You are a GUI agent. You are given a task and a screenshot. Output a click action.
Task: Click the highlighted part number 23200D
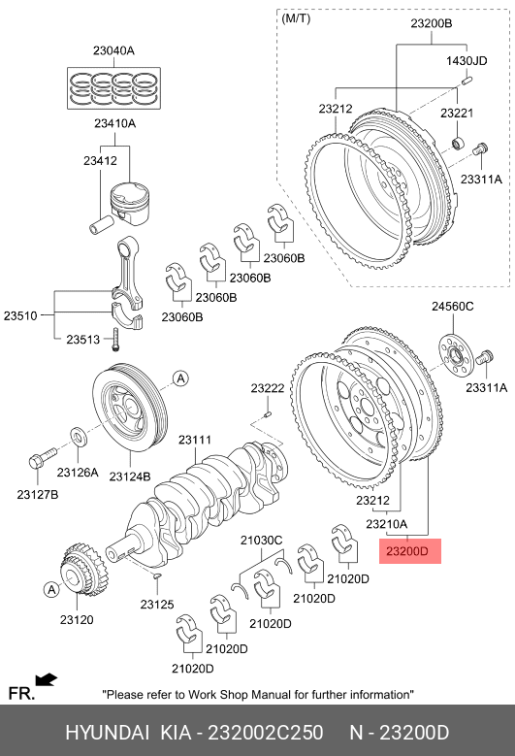[x=407, y=550]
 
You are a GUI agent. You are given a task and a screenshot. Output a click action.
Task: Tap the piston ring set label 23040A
[x=113, y=50]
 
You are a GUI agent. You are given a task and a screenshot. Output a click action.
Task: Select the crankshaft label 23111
[x=195, y=440]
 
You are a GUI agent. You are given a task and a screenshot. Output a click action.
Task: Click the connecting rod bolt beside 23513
[x=115, y=340]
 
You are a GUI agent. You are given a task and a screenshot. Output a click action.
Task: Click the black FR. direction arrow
[x=47, y=680]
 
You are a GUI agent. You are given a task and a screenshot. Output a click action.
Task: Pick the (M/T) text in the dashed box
[x=296, y=18]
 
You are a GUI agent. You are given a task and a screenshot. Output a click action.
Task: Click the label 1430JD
[x=467, y=60]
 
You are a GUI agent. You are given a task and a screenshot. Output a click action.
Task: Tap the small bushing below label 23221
[x=458, y=144]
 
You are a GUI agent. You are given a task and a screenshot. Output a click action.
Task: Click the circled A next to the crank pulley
[x=180, y=378]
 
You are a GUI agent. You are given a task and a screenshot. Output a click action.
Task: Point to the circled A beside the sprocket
[x=50, y=589]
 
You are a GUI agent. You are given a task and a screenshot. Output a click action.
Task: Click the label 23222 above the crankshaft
[x=268, y=387]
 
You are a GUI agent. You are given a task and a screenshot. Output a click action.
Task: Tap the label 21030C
[x=262, y=540]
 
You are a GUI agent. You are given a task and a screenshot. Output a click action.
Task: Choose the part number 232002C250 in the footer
[x=265, y=733]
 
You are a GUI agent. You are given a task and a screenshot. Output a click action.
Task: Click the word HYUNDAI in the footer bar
[x=108, y=733]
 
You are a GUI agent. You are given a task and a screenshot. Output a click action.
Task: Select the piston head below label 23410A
[x=131, y=203]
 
